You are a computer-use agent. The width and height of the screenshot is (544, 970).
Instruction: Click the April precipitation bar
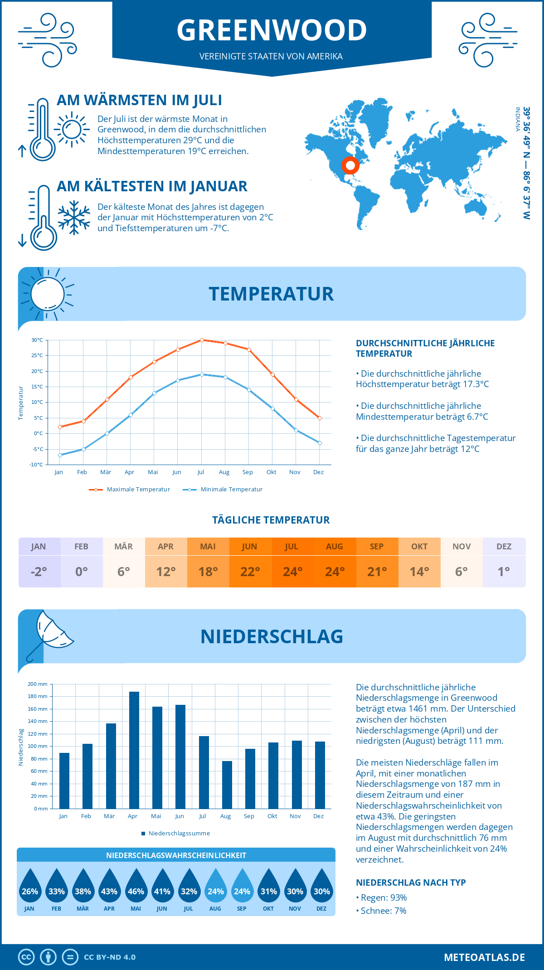tap(134, 750)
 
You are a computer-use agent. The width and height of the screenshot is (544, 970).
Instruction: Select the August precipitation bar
tap(227, 785)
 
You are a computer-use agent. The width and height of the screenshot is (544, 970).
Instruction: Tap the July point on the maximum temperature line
tap(202, 340)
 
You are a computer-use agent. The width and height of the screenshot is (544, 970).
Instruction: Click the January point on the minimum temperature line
tap(60, 455)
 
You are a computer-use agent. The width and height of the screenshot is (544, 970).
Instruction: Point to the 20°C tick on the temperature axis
tap(37, 371)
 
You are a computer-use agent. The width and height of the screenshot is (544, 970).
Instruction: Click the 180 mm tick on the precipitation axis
tap(38, 696)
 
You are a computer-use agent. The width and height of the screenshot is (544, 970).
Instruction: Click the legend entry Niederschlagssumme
tap(179, 833)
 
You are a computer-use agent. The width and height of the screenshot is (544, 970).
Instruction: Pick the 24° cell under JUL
tap(292, 572)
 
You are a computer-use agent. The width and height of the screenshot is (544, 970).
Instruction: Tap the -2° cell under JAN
tap(39, 572)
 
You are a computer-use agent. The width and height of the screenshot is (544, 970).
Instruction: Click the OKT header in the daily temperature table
tap(419, 547)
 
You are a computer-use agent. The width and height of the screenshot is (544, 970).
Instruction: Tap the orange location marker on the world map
tap(350, 165)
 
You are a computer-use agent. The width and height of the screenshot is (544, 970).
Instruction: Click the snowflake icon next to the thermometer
tap(74, 218)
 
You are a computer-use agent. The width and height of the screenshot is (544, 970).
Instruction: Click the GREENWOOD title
tap(272, 30)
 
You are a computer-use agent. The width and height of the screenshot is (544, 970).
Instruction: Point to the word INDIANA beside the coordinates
tap(517, 119)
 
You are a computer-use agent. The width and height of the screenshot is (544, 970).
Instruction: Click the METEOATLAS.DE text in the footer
tap(484, 957)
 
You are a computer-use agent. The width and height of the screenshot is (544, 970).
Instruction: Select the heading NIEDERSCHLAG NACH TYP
tap(411, 883)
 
